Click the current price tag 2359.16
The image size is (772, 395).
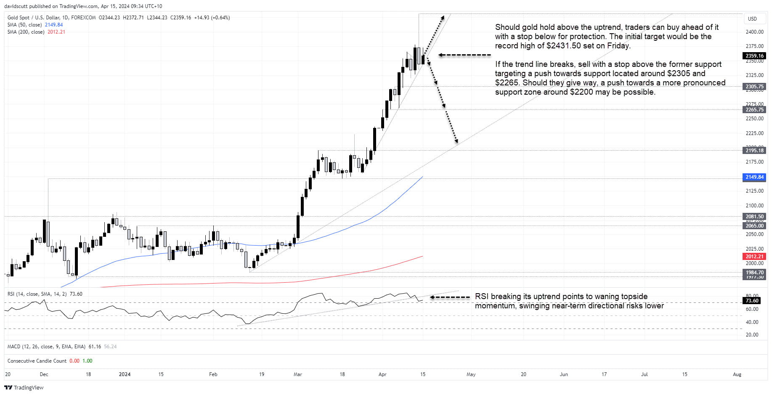point(754,56)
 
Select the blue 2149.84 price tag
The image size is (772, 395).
point(754,177)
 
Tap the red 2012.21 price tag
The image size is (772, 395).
point(754,256)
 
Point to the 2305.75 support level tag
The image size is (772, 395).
point(754,87)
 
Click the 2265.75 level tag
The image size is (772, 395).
point(754,110)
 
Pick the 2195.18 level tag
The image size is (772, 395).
point(754,151)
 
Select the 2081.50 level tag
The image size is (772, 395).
point(754,217)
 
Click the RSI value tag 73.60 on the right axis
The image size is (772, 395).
point(752,301)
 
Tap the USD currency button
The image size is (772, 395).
point(752,19)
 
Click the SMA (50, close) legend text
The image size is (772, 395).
point(24,25)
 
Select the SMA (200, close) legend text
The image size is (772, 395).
point(26,32)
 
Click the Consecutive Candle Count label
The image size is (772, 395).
point(37,361)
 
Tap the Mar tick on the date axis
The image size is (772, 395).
point(298,374)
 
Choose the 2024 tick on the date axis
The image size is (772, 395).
point(125,374)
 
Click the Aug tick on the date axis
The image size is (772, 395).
point(737,374)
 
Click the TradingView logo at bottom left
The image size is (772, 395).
point(24,387)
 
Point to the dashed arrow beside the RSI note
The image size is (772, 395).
point(450,297)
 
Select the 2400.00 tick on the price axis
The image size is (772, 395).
point(754,32)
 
